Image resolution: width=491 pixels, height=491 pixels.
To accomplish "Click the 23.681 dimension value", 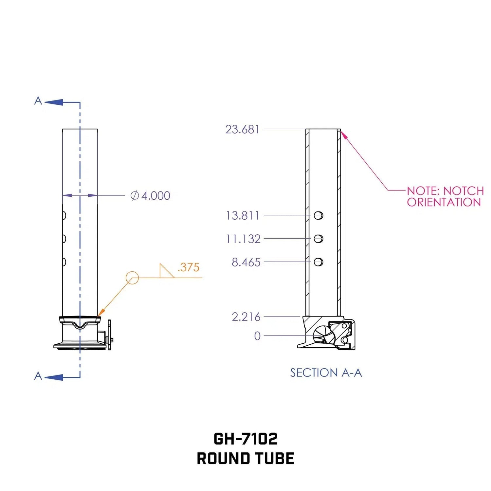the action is [242, 129].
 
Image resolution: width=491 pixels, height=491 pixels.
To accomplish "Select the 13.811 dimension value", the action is [243, 215].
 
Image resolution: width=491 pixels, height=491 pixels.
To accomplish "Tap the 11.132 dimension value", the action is [243, 239].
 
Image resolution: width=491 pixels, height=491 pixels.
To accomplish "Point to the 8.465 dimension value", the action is [246, 262].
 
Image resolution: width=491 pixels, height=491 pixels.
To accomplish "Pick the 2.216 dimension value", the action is [246, 317].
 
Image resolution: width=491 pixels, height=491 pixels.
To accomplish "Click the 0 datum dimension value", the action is [257, 336].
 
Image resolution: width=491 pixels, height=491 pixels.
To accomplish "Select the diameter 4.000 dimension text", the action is [150, 195].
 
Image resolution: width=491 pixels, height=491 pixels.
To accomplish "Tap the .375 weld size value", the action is [188, 267].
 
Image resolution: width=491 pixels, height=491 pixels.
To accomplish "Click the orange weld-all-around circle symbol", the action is [132, 278].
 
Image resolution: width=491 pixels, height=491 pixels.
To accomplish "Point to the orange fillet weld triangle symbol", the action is [167, 271].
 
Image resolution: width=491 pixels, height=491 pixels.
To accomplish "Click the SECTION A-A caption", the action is [326, 373].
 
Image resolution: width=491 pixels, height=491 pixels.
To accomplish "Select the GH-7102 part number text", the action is [245, 439].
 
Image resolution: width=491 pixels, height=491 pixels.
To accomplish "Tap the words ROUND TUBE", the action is [245, 458].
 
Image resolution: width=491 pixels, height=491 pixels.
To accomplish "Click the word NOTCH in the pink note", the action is [464, 191].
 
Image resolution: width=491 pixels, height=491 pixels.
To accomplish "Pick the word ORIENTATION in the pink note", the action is [444, 202].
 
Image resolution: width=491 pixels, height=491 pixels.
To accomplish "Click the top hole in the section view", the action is [318, 215].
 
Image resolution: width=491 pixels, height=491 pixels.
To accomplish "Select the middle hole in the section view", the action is [318, 239].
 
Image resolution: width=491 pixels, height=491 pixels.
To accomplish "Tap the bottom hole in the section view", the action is [318, 262].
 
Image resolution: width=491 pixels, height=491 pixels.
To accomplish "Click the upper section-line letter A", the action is [38, 101].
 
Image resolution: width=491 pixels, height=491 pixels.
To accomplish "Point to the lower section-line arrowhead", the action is [54, 377].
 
